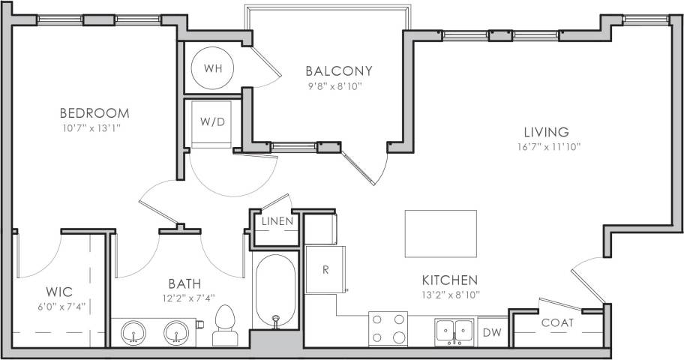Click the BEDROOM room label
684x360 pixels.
pos(94,113)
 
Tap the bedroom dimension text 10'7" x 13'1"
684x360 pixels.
pos(94,127)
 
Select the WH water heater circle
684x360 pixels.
pos(213,68)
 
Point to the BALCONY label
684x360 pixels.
pos(339,71)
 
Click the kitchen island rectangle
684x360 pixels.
pos(440,233)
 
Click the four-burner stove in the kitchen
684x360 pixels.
pos(388,328)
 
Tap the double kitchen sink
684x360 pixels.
pos(454,329)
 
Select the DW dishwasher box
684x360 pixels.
pos(491,332)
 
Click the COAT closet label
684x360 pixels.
pos(557,323)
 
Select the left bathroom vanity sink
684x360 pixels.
pos(135,330)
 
